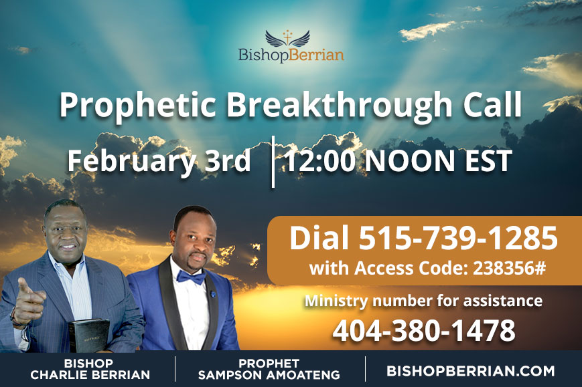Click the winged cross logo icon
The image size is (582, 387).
[288, 38]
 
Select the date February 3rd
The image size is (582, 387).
[159, 161]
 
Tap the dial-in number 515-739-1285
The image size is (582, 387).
[458, 238]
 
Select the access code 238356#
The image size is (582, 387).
[509, 268]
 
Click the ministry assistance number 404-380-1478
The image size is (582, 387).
[424, 330]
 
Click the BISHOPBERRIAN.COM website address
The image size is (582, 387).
[471, 371]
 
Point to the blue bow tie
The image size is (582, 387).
[191, 277]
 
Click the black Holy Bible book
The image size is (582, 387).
[89, 335]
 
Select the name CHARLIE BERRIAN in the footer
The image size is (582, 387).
[90, 374]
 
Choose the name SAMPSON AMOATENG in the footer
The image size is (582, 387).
[269, 374]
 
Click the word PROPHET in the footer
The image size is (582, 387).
[269, 364]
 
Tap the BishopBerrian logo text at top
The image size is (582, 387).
[291, 55]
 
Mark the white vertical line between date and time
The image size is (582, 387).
[273, 162]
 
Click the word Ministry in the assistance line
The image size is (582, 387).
[336, 301]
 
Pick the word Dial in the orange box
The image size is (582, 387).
[319, 238]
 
